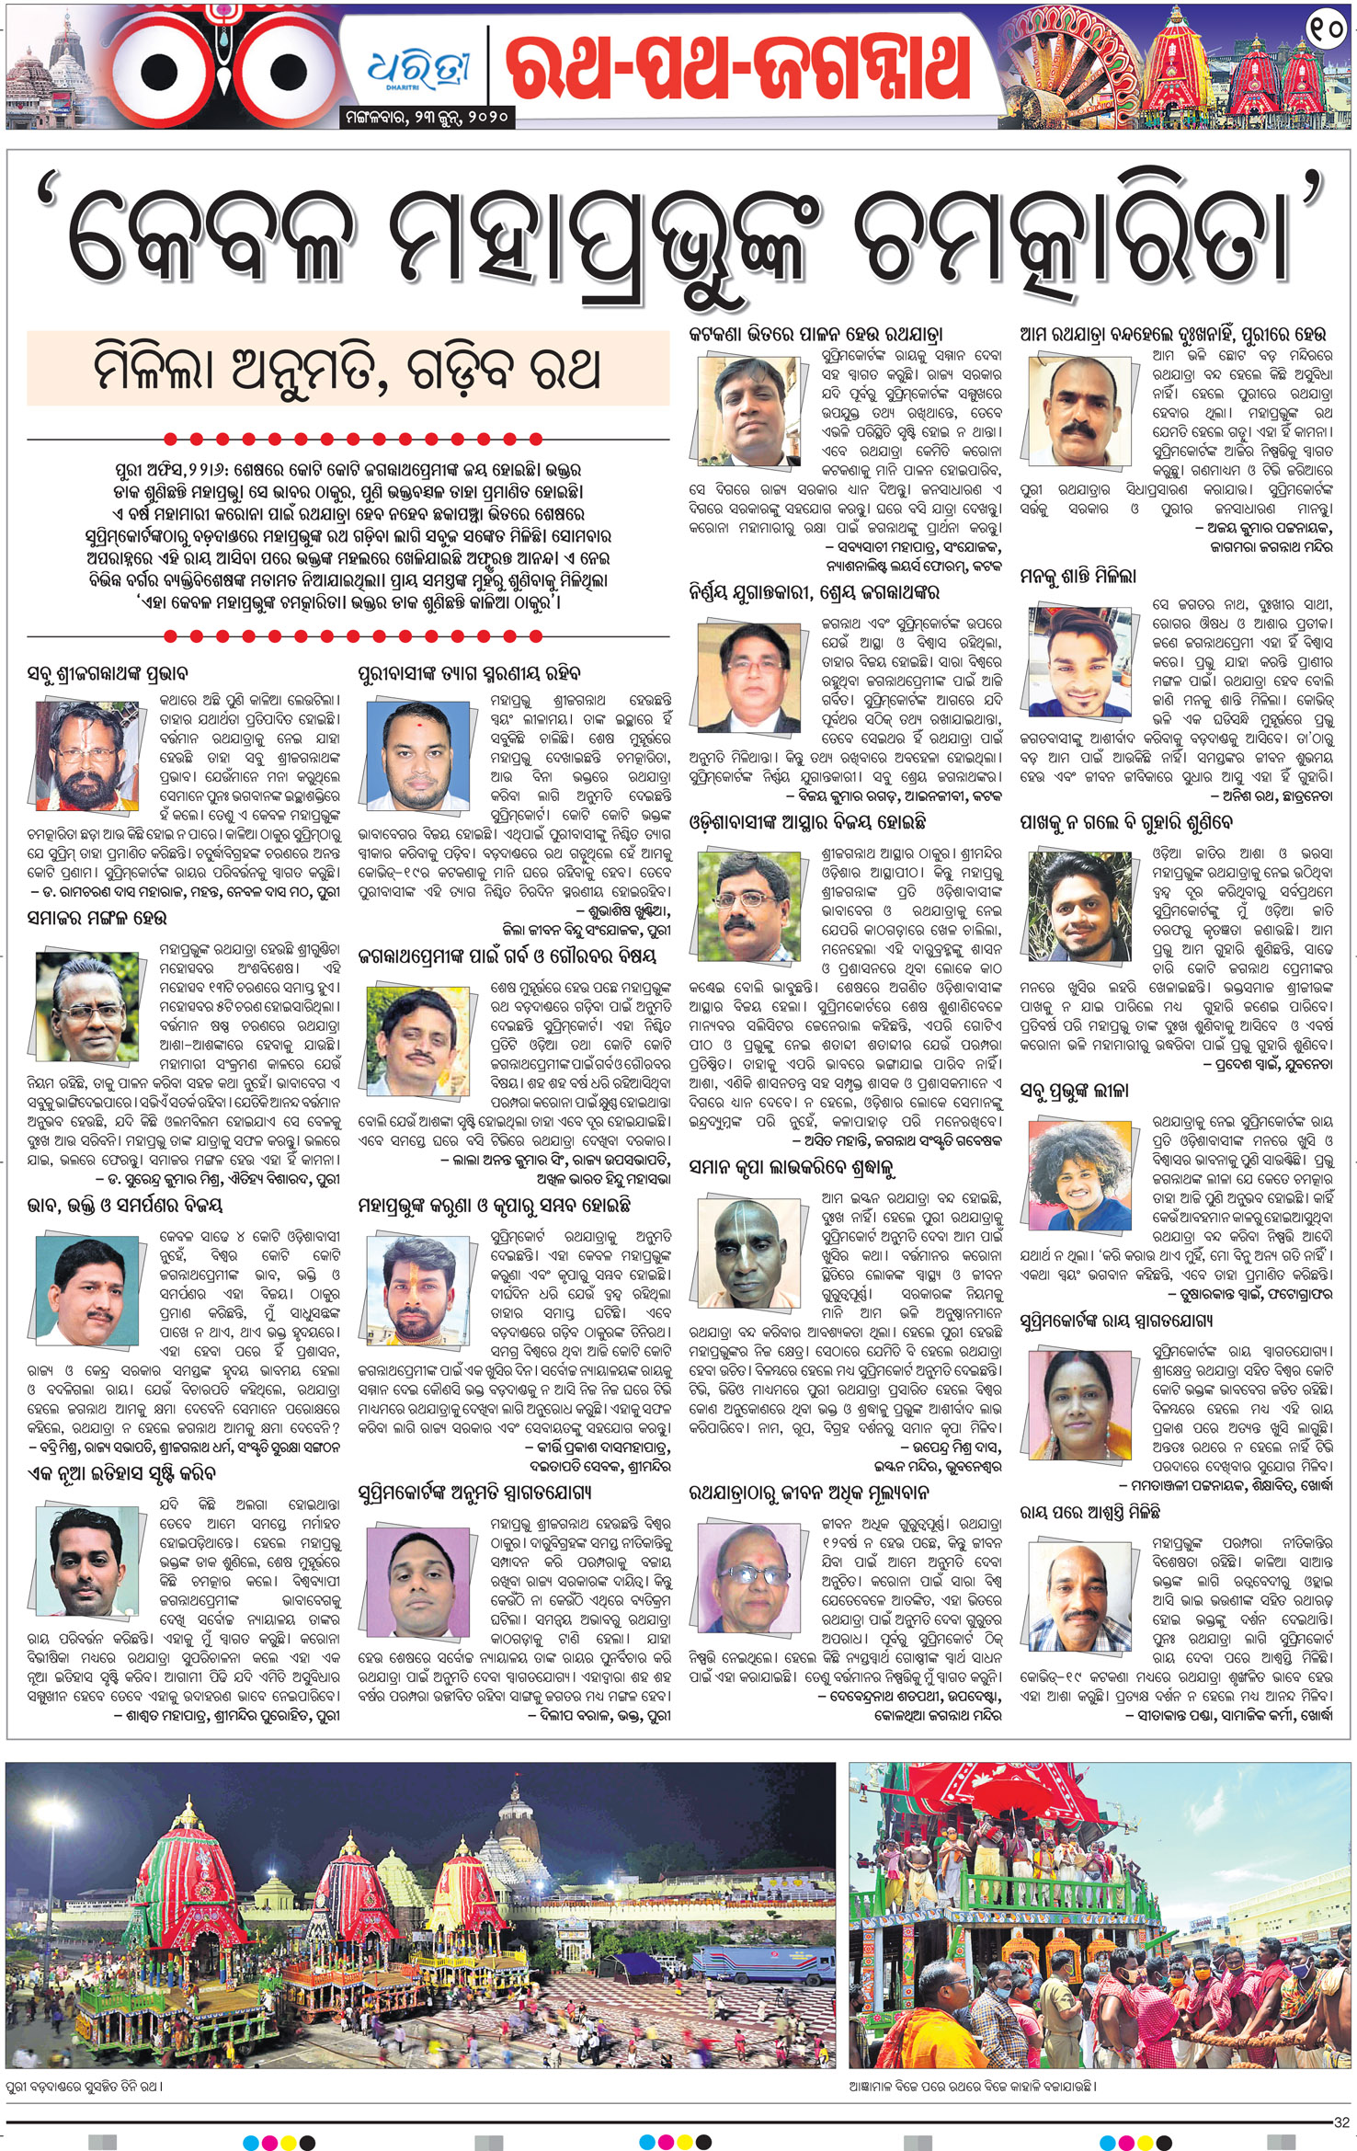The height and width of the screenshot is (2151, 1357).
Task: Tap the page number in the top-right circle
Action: pos(1325,31)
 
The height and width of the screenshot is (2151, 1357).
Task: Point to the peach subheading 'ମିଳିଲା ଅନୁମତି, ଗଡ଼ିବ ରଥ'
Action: pos(348,369)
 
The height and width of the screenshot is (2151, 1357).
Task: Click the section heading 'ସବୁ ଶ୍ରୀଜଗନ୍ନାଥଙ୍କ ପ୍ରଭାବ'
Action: pos(108,675)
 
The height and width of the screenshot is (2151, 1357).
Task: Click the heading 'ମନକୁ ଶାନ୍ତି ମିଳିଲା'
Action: pos(1078,577)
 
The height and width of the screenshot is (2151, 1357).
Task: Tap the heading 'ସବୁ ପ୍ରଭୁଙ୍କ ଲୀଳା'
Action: pos(1074,1091)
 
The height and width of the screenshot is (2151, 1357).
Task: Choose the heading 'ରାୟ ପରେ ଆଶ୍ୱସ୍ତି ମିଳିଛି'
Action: pos(1089,1511)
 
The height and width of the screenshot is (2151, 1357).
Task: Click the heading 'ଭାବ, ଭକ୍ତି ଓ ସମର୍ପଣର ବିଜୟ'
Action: pos(125,1206)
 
